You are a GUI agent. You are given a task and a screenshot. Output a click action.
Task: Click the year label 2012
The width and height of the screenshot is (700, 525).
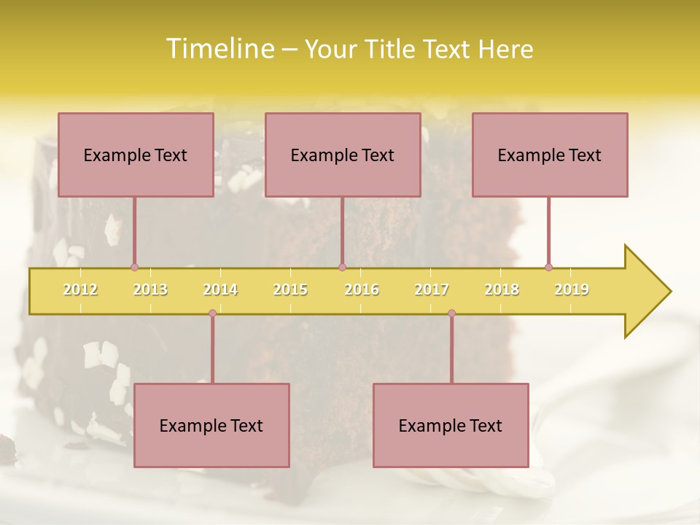[80, 289]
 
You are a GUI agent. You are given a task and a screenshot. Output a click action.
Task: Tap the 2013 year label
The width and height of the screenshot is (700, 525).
[150, 289]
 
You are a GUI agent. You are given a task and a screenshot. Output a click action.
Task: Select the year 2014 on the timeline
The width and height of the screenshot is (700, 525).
[220, 289]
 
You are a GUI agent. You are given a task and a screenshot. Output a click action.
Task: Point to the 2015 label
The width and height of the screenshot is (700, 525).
[290, 289]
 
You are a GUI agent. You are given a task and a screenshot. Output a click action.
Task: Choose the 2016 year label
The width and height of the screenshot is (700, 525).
[362, 289]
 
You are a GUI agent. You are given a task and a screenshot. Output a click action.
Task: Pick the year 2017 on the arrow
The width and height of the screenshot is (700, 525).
[432, 289]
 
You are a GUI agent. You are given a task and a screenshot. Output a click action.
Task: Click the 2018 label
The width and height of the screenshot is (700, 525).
[502, 289]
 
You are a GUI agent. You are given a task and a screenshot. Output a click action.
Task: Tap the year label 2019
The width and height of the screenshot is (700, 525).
[572, 289]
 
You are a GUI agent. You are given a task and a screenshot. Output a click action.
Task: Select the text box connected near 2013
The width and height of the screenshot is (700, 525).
[136, 155]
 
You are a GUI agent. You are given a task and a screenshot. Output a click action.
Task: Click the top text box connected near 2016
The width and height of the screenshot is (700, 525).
[343, 155]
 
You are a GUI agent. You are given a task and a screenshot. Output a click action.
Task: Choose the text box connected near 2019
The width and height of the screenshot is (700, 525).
[550, 155]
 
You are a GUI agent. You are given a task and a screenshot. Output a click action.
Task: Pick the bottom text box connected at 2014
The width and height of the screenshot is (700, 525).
[211, 425]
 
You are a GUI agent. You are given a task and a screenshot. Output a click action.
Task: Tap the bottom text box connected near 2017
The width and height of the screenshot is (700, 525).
[451, 425]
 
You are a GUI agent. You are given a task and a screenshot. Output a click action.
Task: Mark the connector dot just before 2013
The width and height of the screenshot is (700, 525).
[134, 268]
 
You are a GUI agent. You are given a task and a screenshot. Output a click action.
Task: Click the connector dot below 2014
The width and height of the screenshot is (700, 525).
[212, 314]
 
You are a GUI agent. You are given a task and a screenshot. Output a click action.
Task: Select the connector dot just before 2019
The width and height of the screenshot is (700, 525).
[548, 268]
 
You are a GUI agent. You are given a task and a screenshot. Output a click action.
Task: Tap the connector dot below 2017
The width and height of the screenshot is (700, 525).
[451, 314]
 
